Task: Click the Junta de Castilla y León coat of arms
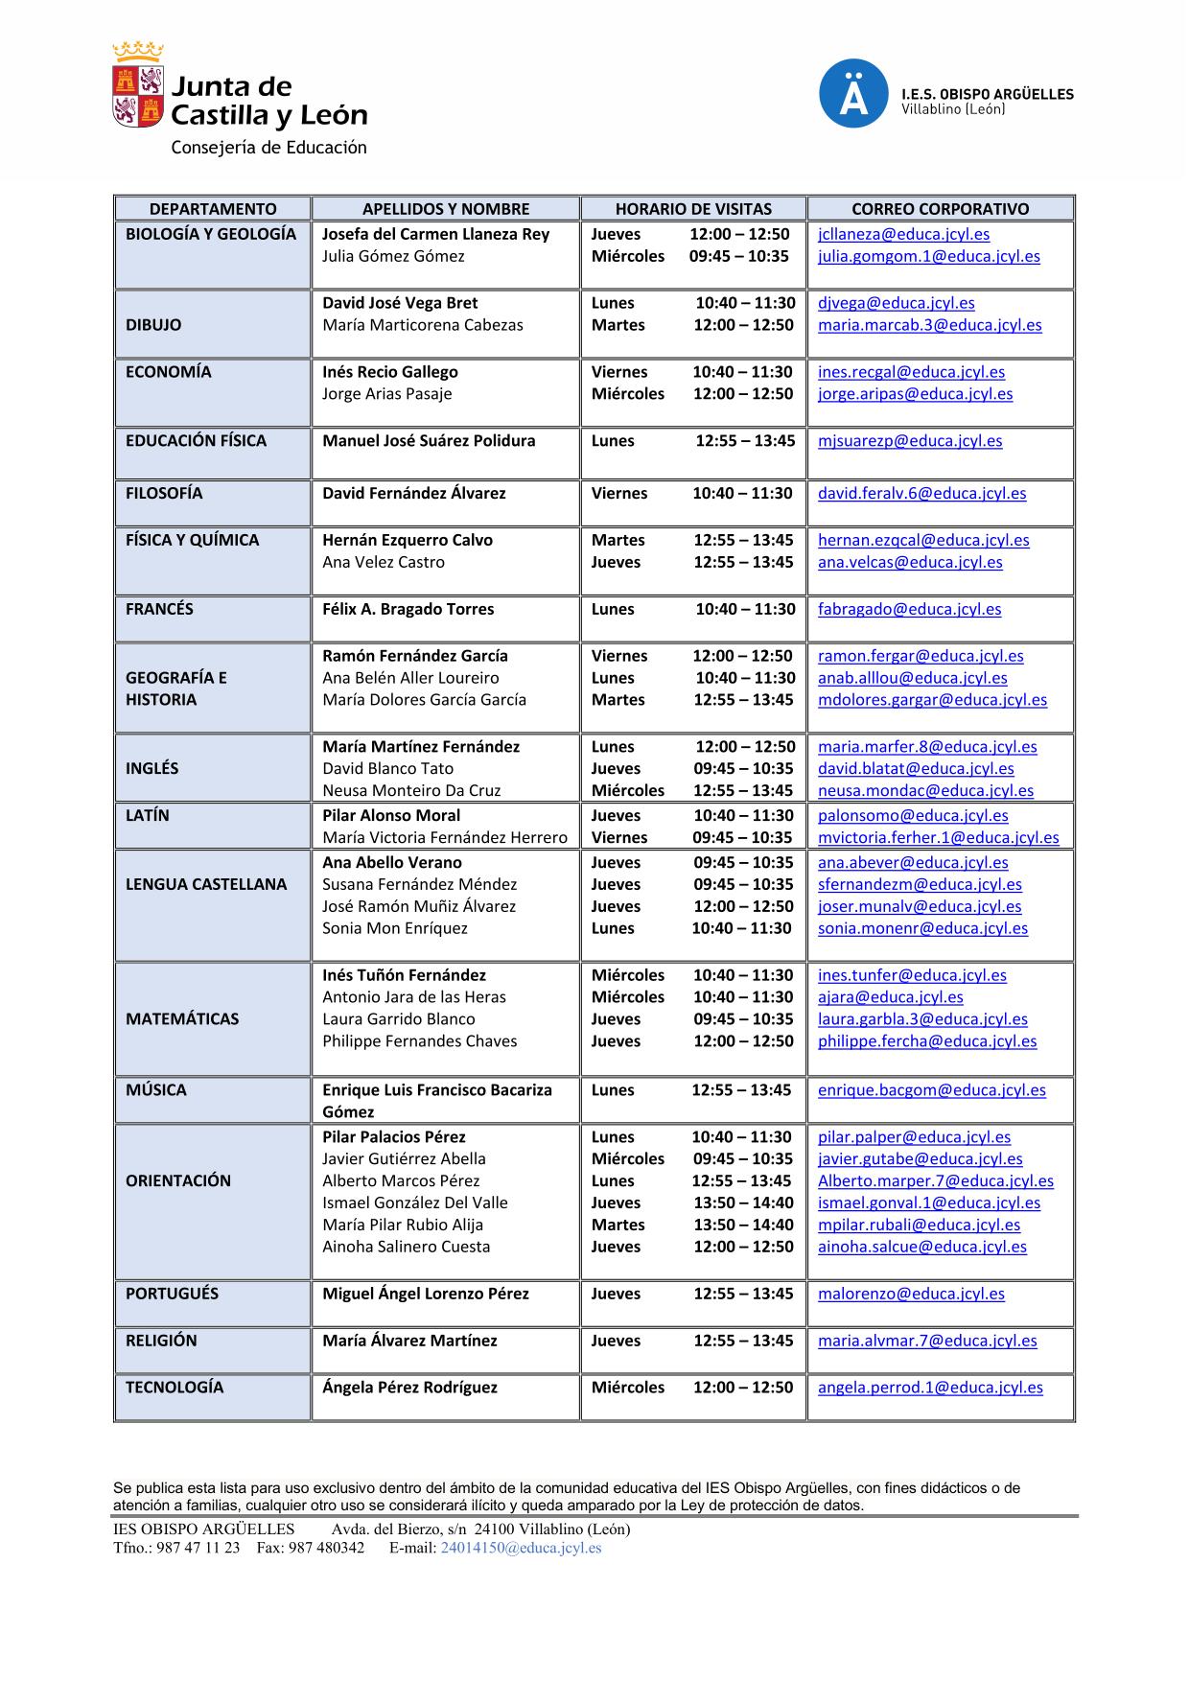(x=137, y=86)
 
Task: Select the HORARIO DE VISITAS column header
(x=692, y=208)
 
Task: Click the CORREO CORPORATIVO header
(x=940, y=208)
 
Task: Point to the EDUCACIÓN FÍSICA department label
(x=196, y=441)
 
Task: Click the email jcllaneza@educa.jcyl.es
(x=903, y=234)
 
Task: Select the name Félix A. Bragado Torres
(x=408, y=609)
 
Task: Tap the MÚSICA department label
(x=155, y=1090)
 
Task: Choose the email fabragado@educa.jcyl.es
(x=909, y=609)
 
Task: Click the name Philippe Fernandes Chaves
(x=419, y=1041)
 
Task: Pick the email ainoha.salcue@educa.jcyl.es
(x=921, y=1247)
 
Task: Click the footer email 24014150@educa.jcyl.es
(x=521, y=1548)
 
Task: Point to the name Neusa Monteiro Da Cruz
(x=411, y=790)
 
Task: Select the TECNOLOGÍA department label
(x=174, y=1388)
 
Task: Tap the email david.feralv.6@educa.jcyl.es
(x=921, y=493)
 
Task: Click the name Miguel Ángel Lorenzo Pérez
(x=425, y=1294)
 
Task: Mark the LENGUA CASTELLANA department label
(x=205, y=884)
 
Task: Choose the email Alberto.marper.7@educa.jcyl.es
(x=935, y=1181)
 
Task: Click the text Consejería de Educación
(x=268, y=148)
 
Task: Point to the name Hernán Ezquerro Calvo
(x=407, y=540)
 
